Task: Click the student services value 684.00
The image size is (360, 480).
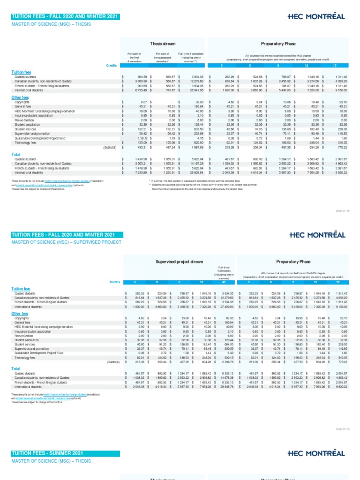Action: [x=224, y=343]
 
